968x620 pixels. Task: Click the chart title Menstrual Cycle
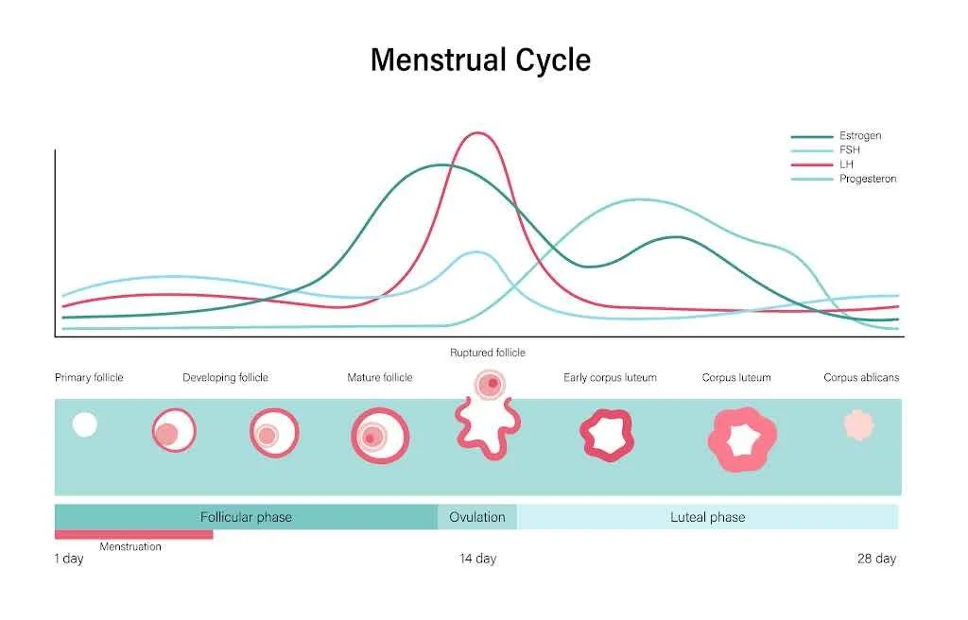pyautogui.click(x=480, y=60)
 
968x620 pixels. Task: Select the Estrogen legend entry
pyautogui.click(x=859, y=136)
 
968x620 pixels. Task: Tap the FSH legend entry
pyautogui.click(x=849, y=150)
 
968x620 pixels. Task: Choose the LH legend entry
pyautogui.click(x=846, y=164)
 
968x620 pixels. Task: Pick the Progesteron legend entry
pyautogui.click(x=867, y=179)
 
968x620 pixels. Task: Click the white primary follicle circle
pyautogui.click(x=85, y=424)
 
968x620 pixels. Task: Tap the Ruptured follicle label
pyautogui.click(x=487, y=353)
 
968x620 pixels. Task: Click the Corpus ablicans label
pyautogui.click(x=861, y=377)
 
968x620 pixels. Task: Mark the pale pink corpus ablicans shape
pyautogui.click(x=858, y=424)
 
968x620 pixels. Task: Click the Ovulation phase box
pyautogui.click(x=477, y=517)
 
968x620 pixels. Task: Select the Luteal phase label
pyautogui.click(x=707, y=517)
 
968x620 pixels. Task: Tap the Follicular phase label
pyautogui.click(x=246, y=517)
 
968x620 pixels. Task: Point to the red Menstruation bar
pyautogui.click(x=133, y=535)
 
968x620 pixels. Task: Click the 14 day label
pyautogui.click(x=477, y=559)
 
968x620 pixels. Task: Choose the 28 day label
pyautogui.click(x=876, y=559)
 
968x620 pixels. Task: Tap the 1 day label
pyautogui.click(x=69, y=559)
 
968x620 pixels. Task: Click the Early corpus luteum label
pyautogui.click(x=610, y=377)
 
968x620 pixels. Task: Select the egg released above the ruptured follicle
pyautogui.click(x=490, y=384)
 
